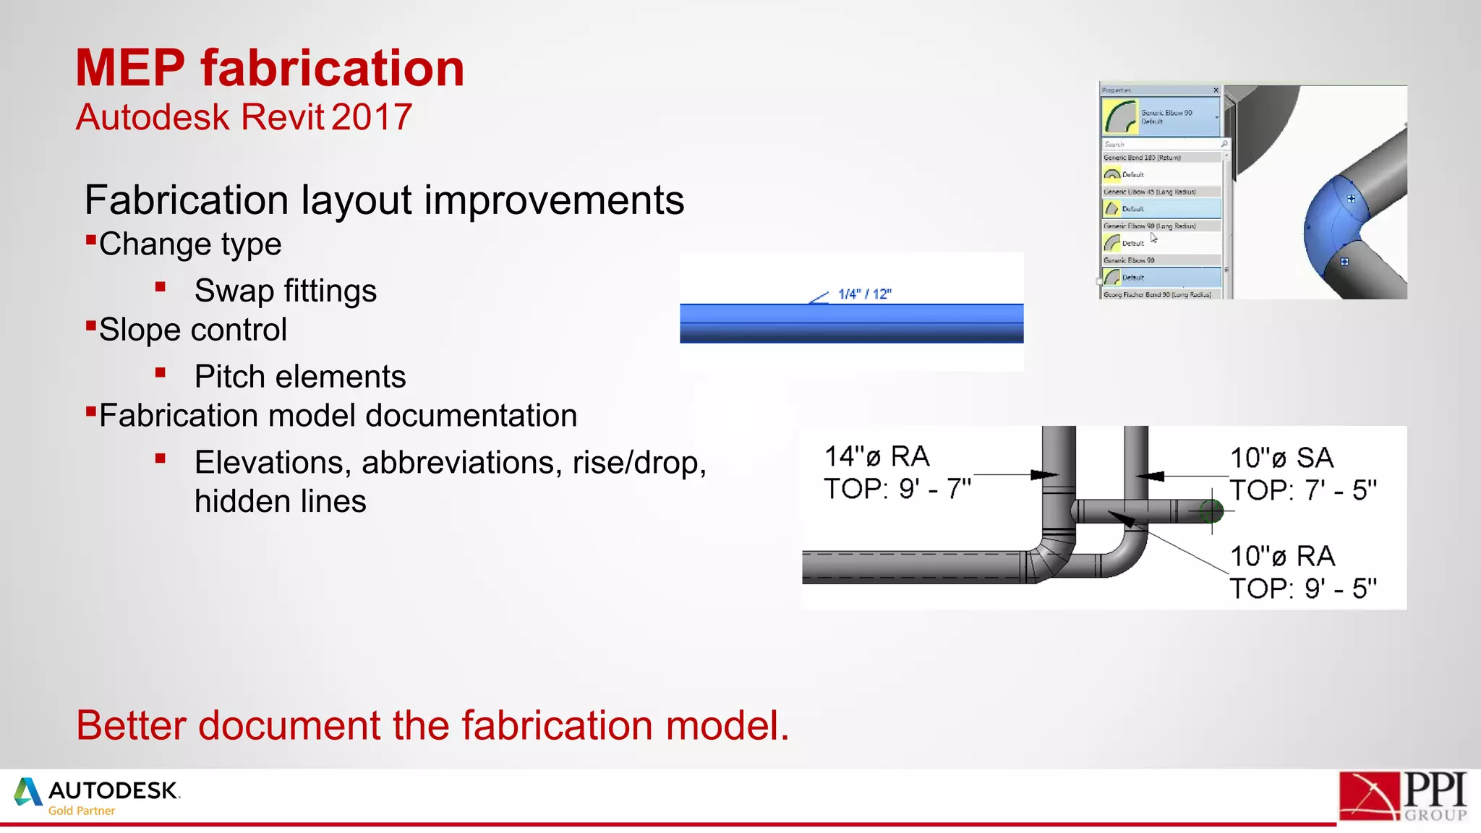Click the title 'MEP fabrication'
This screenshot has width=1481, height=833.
click(270, 69)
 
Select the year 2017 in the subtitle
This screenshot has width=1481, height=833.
click(372, 117)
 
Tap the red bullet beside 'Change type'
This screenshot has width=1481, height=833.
click(91, 240)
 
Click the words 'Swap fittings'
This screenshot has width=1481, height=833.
click(285, 291)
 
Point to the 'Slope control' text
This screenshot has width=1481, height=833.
click(192, 330)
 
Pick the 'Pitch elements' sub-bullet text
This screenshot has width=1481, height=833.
click(299, 377)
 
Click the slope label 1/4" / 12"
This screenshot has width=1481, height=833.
click(864, 294)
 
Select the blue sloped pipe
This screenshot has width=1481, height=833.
click(851, 323)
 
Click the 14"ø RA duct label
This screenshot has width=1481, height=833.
click(876, 457)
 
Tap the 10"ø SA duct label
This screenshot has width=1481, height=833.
click(1281, 458)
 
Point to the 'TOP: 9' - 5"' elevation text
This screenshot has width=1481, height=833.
click(1303, 589)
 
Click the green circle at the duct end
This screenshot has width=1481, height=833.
click(1211, 512)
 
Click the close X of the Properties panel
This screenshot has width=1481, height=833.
click(1216, 90)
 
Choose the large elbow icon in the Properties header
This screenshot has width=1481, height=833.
click(1120, 116)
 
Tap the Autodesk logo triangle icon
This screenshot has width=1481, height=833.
click(27, 792)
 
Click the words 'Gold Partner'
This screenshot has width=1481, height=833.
click(81, 811)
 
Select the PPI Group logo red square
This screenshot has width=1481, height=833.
click(1369, 795)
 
